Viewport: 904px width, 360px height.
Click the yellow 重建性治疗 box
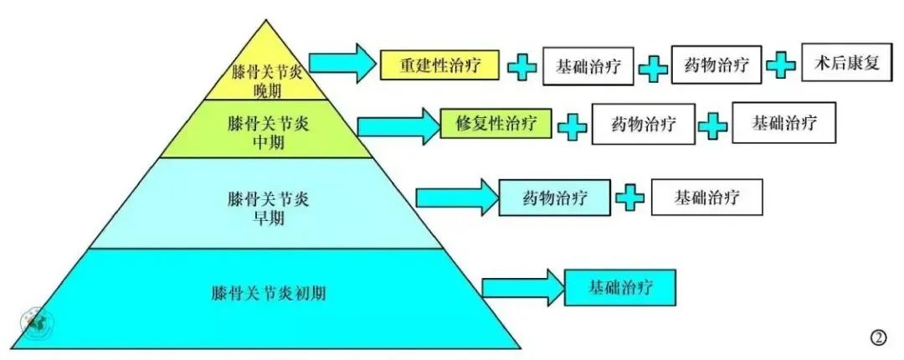[439, 64]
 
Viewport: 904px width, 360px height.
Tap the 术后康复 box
[847, 62]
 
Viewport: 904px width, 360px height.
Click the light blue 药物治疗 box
[554, 198]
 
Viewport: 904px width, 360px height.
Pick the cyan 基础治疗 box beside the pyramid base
[619, 287]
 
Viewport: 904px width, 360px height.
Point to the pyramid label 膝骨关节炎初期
[269, 292]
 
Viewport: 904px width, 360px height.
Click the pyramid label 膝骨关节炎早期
[269, 208]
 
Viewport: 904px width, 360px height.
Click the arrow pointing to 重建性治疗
[342, 63]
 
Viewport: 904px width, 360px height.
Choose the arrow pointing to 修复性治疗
[398, 125]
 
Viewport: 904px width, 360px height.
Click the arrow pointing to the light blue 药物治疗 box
[456, 198]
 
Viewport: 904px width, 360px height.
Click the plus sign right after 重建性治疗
[521, 67]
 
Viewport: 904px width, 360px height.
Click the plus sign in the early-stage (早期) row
[629, 198]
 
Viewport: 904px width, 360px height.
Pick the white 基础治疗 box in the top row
[588, 66]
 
